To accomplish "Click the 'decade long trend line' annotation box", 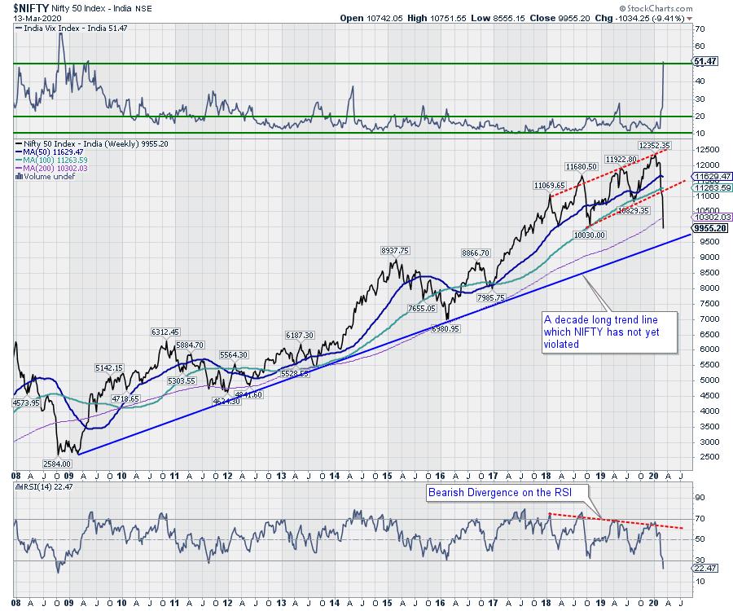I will click(610, 332).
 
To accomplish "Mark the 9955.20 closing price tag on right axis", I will click(707, 229).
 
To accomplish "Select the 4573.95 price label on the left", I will click(29, 403).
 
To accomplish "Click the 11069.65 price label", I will click(551, 186).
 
